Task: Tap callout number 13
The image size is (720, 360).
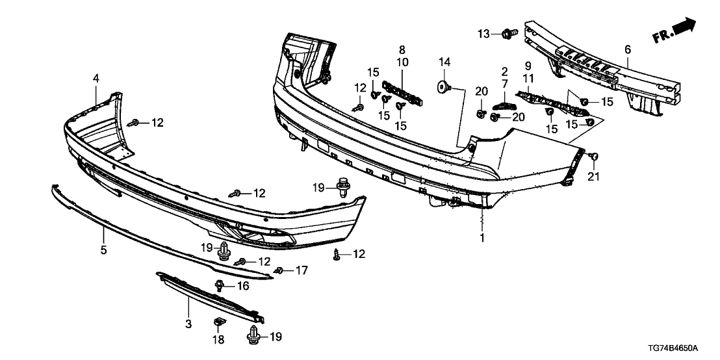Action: point(484,34)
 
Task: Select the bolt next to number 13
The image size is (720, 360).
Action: point(510,33)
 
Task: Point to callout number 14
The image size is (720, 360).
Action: point(444,62)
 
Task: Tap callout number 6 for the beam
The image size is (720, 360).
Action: point(628,49)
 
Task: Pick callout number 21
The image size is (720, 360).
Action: point(594,176)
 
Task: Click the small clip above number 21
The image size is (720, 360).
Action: point(594,157)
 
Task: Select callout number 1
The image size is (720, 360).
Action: point(482,238)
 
